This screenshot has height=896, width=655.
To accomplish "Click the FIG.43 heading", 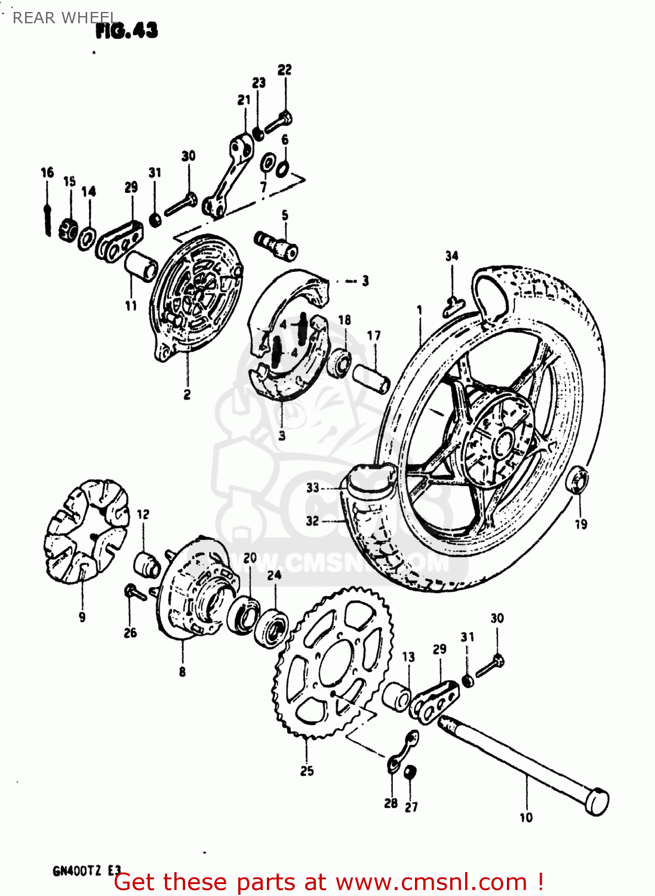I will point(127,30).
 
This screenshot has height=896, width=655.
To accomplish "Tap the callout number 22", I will point(285,70).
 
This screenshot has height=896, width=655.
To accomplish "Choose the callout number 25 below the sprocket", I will point(307,771).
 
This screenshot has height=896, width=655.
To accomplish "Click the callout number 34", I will point(452,256).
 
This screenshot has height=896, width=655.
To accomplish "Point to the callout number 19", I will point(581,524).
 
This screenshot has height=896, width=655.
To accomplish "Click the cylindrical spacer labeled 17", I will point(371,378).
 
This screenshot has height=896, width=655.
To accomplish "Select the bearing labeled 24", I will point(272,626).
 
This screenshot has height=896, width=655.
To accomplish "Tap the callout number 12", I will point(143,514).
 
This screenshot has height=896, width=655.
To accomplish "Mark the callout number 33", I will point(313,487).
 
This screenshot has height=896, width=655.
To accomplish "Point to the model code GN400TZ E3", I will point(87,870).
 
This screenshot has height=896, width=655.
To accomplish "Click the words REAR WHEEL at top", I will point(64,18).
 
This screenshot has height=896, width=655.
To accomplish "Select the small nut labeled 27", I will point(410,772).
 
